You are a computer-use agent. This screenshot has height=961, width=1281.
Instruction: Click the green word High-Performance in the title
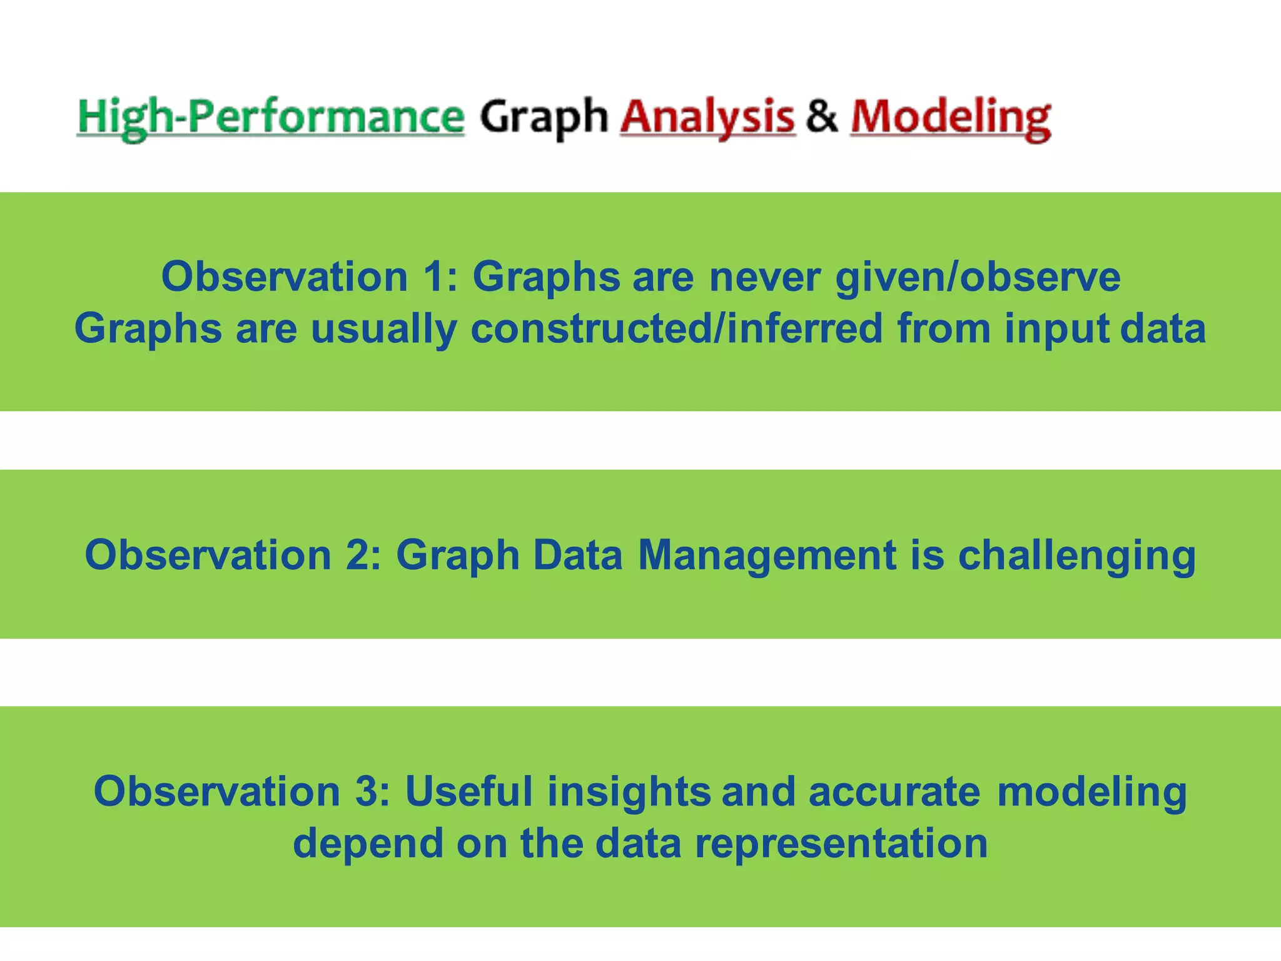point(270,118)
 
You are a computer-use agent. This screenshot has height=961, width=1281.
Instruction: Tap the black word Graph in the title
point(544,118)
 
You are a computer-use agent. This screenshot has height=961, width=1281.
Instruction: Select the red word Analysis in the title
point(707,118)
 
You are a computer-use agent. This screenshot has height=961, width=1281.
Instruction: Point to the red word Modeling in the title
point(950,118)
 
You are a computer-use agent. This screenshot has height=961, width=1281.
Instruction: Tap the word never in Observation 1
point(764,277)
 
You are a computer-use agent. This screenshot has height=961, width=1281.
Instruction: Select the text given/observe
point(978,278)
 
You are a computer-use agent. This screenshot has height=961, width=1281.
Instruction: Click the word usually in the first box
point(383,329)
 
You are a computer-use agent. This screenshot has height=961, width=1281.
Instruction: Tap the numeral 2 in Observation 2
point(359,555)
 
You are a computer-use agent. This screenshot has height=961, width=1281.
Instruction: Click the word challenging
point(1076,556)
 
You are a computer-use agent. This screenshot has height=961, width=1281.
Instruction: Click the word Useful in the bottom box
point(468,791)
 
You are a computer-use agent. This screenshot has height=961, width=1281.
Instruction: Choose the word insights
point(629,791)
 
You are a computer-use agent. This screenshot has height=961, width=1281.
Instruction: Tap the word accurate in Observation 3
point(894,791)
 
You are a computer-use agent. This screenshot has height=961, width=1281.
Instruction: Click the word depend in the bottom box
point(367,844)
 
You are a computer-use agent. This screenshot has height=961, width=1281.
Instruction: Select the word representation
point(841,844)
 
